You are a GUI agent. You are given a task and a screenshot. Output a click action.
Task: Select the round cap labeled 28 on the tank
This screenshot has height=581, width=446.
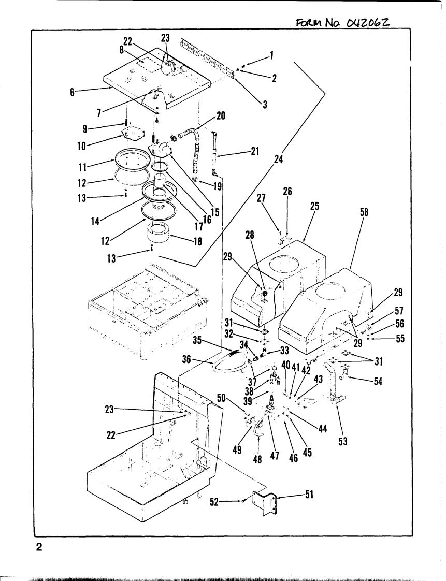tap(264, 293)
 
